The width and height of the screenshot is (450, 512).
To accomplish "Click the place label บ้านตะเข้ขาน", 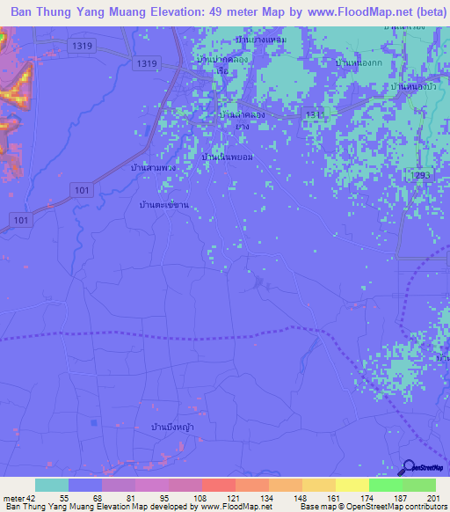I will [x=164, y=204].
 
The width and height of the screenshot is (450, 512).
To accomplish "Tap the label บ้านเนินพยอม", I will [x=227, y=157].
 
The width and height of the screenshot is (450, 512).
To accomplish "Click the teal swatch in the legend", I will [x=52, y=485].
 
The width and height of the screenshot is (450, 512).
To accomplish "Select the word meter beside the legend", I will [x=11, y=497].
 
